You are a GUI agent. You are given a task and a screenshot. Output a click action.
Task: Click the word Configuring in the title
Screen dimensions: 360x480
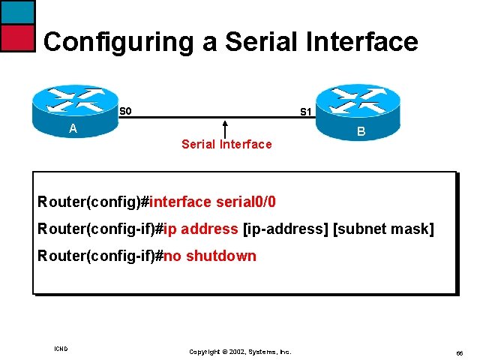[119, 42]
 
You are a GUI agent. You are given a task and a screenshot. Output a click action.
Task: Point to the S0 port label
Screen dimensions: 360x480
[126, 112]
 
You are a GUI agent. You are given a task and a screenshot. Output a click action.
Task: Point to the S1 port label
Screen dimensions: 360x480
[306, 112]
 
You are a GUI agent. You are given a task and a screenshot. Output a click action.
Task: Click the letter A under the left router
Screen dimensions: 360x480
[73, 128]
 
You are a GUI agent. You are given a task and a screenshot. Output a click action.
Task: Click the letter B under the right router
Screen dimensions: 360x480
[361, 133]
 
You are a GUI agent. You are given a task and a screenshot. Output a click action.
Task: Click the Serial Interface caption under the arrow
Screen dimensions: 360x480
[226, 144]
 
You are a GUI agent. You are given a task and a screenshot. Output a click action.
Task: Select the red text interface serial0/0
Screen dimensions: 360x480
[213, 202]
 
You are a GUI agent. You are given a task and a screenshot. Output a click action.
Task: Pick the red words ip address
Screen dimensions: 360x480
[201, 229]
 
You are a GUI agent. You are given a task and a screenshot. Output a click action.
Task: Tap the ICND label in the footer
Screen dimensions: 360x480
[61, 349]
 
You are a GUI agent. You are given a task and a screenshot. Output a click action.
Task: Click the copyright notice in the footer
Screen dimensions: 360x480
[239, 351]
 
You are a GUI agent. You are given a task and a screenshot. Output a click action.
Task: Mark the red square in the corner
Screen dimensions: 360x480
[17, 37]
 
